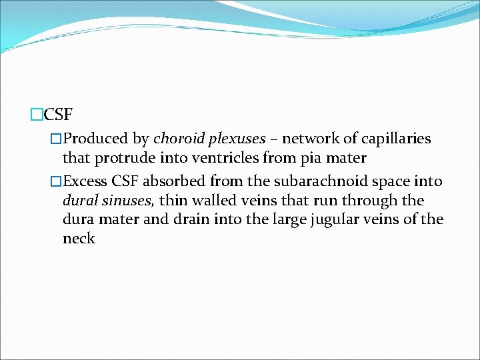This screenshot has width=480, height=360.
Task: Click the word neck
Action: [79, 238]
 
